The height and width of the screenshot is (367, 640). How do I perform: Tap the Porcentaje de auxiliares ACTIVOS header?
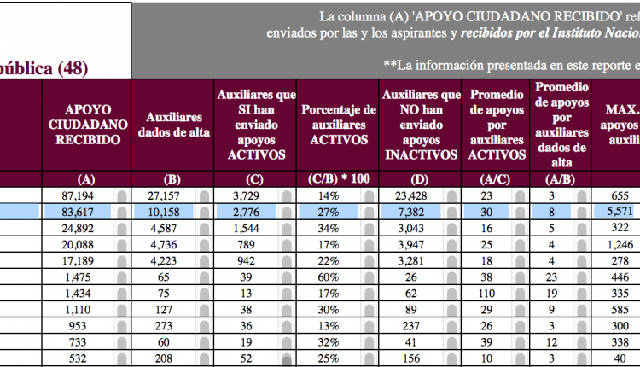[x=338, y=125]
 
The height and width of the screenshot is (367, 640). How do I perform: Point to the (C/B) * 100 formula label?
[x=338, y=179]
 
